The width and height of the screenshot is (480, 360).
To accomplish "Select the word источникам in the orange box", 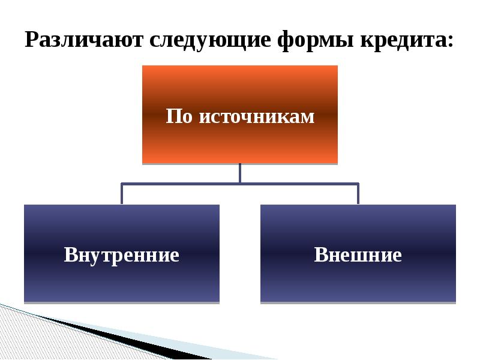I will [x=256, y=116].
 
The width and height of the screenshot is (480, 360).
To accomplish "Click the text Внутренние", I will [x=122, y=255].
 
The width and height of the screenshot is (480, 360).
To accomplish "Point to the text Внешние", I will [x=358, y=255].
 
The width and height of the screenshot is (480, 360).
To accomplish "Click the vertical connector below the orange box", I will [x=240, y=173].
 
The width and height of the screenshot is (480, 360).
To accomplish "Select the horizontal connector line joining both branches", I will [x=180, y=184].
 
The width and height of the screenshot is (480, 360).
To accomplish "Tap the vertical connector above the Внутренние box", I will [x=122, y=194].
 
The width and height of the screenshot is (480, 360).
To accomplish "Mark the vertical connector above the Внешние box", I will [x=358, y=194].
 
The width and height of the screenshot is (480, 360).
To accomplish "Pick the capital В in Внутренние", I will [x=70, y=255].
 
